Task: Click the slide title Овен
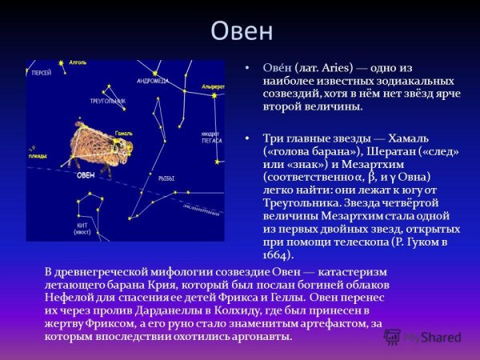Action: pos(241,31)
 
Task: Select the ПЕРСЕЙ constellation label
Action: pos(42,73)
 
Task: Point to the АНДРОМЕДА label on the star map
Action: pos(152,81)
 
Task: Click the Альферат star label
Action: pos(213,86)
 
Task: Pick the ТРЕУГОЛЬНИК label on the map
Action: pos(108,102)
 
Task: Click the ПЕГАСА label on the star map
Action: pos(210,140)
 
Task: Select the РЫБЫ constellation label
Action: pos(166,178)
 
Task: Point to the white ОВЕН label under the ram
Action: pos(86,174)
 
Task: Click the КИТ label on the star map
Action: pos(81,226)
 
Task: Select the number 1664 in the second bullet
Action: pos(278,255)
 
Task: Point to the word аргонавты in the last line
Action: pos(263,336)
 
